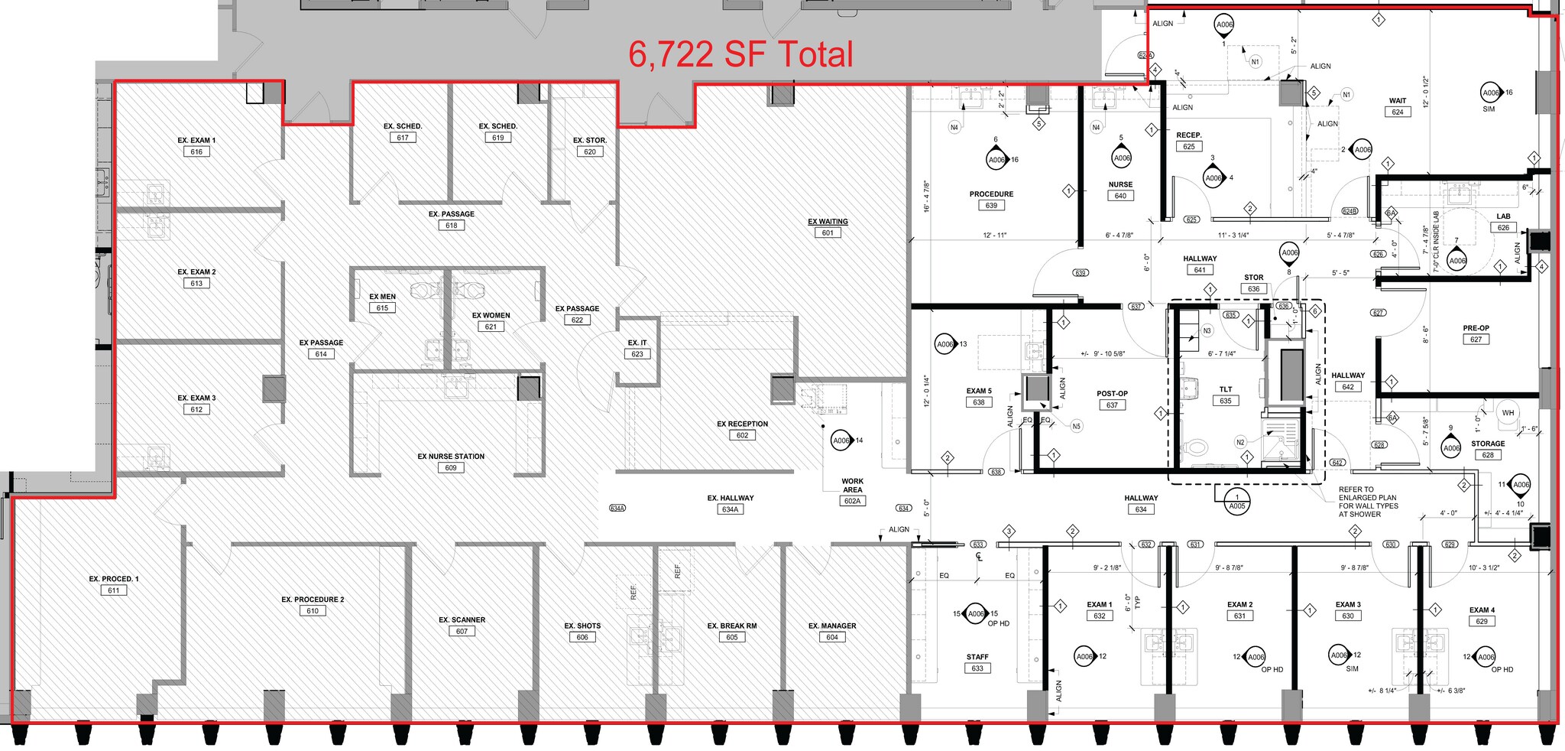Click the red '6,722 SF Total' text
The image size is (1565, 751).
coord(740,55)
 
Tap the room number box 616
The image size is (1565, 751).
coord(196,151)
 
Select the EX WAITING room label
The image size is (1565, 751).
coord(828,222)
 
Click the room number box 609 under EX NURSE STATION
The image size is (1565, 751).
coord(450,468)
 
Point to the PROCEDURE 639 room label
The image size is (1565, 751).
coord(991,194)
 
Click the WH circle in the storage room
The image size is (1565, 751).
coord(1508,413)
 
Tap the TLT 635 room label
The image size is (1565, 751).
coord(1226,390)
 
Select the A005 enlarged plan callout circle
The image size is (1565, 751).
coord(1236,502)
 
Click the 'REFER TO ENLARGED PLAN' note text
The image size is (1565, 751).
coord(1368,502)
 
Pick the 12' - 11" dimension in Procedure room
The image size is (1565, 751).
coord(994,236)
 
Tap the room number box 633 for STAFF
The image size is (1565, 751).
coord(977,668)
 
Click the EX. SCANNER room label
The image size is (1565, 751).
coord(462,620)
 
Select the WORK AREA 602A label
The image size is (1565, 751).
coord(852,486)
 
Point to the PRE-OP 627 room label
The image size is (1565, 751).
coord(1476,328)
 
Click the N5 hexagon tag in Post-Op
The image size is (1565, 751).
coord(1076,427)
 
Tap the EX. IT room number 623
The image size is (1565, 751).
coord(637,354)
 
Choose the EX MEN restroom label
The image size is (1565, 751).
coord(382,297)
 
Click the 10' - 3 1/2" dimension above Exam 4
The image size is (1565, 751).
coord(1484,568)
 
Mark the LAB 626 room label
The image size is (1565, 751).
coord(1503,216)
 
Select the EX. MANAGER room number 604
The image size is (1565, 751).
coord(831,637)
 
